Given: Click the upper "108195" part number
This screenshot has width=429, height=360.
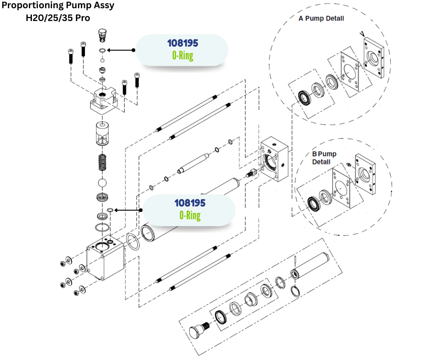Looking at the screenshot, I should [183, 44].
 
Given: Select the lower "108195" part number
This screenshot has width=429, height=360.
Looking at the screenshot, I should [190, 203].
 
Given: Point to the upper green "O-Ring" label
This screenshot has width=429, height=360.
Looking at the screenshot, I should [183, 56].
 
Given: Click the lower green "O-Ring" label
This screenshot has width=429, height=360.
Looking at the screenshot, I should [190, 215].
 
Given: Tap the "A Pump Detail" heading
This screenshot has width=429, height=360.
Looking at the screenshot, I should [321, 19].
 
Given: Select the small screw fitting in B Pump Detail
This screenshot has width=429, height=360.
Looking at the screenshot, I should [348, 164].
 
